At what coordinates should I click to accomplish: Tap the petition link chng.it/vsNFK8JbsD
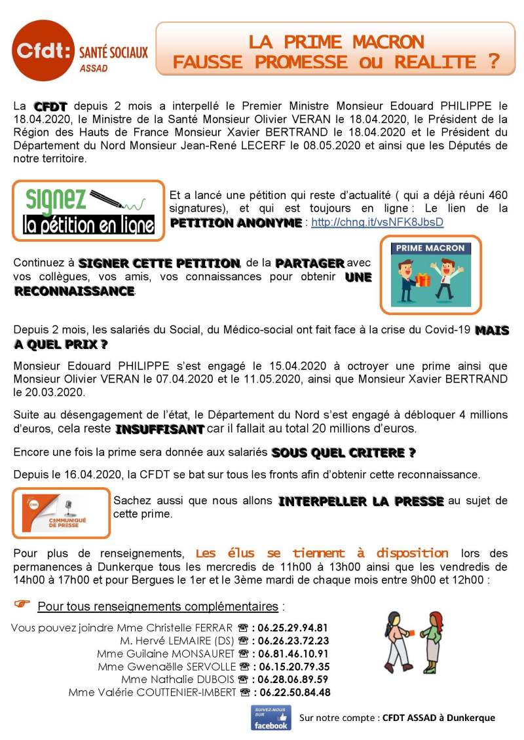(x=377, y=222)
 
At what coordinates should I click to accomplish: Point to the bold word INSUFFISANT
(x=160, y=430)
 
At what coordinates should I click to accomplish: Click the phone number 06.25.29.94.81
(x=293, y=627)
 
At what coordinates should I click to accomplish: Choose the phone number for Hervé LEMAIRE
(x=293, y=640)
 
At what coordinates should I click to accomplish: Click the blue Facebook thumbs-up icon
(x=271, y=717)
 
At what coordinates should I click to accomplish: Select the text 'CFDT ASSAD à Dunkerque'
(x=438, y=718)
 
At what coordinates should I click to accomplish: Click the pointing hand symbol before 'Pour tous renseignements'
(x=22, y=603)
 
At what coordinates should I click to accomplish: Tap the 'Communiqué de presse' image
(x=62, y=513)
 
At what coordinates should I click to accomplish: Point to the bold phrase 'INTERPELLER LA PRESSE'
(x=361, y=502)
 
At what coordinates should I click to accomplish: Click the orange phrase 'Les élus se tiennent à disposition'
(x=322, y=553)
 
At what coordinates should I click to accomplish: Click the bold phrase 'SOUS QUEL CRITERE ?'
(x=343, y=453)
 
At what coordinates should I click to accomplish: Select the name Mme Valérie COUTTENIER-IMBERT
(x=151, y=692)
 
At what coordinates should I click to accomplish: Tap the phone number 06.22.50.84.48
(x=294, y=692)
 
